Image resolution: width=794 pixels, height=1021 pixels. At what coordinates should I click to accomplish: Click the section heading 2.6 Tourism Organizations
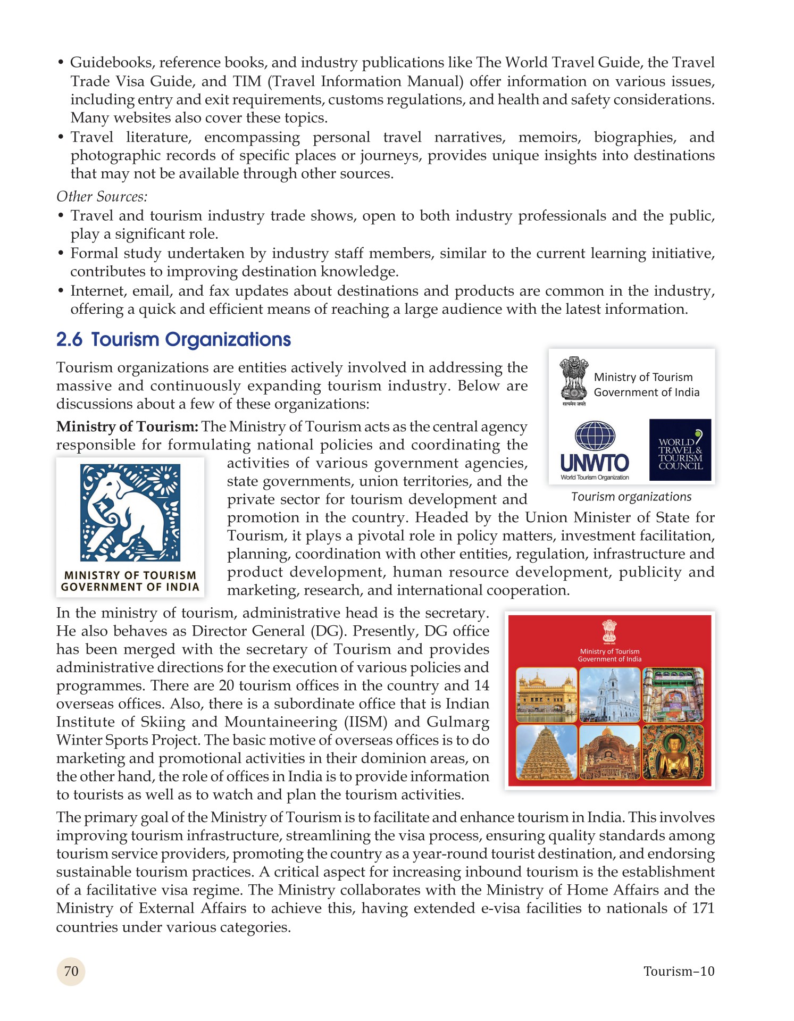(173, 339)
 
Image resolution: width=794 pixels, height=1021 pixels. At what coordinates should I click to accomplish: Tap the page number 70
(71, 971)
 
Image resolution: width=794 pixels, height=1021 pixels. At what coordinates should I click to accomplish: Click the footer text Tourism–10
(679, 971)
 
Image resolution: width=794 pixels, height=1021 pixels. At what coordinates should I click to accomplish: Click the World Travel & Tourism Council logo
(680, 450)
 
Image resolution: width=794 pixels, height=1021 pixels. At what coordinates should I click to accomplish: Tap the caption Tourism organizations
(631, 497)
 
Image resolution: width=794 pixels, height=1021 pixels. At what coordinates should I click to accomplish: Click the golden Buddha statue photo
(673, 752)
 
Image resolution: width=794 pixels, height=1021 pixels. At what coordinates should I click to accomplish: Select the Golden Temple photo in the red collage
(547, 694)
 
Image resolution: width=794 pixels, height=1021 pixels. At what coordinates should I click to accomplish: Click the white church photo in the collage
(609, 694)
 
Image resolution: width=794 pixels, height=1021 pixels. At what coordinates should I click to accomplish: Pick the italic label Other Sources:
(102, 197)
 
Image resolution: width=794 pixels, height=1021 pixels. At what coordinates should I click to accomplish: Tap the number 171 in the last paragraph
(703, 908)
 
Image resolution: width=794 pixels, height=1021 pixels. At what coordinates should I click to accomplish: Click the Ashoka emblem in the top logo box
(574, 380)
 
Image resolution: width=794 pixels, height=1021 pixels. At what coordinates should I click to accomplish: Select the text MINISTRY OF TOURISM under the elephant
(130, 575)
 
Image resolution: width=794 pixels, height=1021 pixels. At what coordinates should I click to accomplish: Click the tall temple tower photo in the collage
(547, 752)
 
